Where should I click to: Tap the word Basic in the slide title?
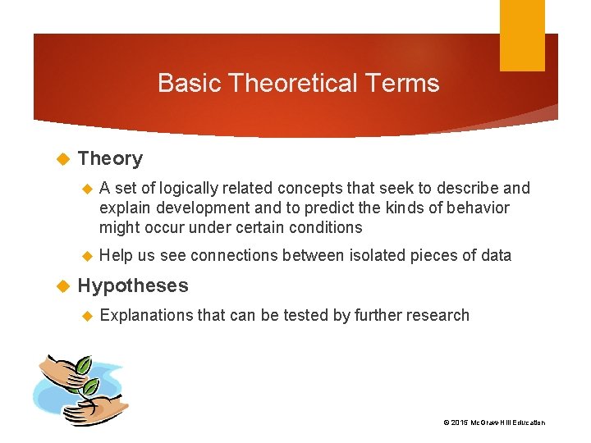[x=188, y=83]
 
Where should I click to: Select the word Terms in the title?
[x=409, y=83]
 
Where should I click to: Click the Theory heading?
[x=110, y=158]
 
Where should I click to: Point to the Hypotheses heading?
[x=132, y=285]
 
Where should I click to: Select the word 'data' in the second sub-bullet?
[x=496, y=256]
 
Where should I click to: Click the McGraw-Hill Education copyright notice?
[x=493, y=422]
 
